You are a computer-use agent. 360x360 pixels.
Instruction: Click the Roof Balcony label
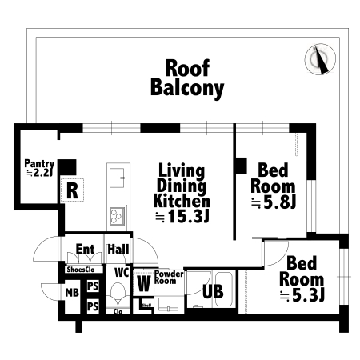(x=187, y=78)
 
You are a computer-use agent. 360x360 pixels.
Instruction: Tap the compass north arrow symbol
(x=320, y=59)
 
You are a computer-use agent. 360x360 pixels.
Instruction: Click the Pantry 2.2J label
(x=39, y=168)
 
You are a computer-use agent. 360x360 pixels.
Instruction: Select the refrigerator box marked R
(x=72, y=190)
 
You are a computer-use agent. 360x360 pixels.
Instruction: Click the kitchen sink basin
(x=117, y=178)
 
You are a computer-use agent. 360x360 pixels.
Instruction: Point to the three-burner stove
(x=117, y=216)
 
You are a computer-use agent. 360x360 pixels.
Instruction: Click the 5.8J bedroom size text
(x=274, y=202)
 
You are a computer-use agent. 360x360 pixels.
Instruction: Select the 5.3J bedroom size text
(x=302, y=295)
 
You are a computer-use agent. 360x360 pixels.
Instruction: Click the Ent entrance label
(x=85, y=250)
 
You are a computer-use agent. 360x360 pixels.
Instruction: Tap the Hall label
(x=118, y=250)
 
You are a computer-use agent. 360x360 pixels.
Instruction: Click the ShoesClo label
(x=81, y=270)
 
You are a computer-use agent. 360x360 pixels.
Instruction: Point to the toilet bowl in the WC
(x=118, y=292)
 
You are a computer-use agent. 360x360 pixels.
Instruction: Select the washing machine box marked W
(x=144, y=283)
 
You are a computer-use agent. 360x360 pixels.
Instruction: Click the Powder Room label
(x=169, y=278)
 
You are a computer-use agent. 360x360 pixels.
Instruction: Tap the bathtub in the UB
(x=223, y=290)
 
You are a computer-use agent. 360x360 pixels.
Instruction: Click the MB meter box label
(x=72, y=293)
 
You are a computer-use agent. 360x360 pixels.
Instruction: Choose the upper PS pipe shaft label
(x=93, y=286)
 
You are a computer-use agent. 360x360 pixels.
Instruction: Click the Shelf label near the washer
(x=146, y=306)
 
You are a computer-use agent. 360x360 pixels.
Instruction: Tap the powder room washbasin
(x=168, y=305)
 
